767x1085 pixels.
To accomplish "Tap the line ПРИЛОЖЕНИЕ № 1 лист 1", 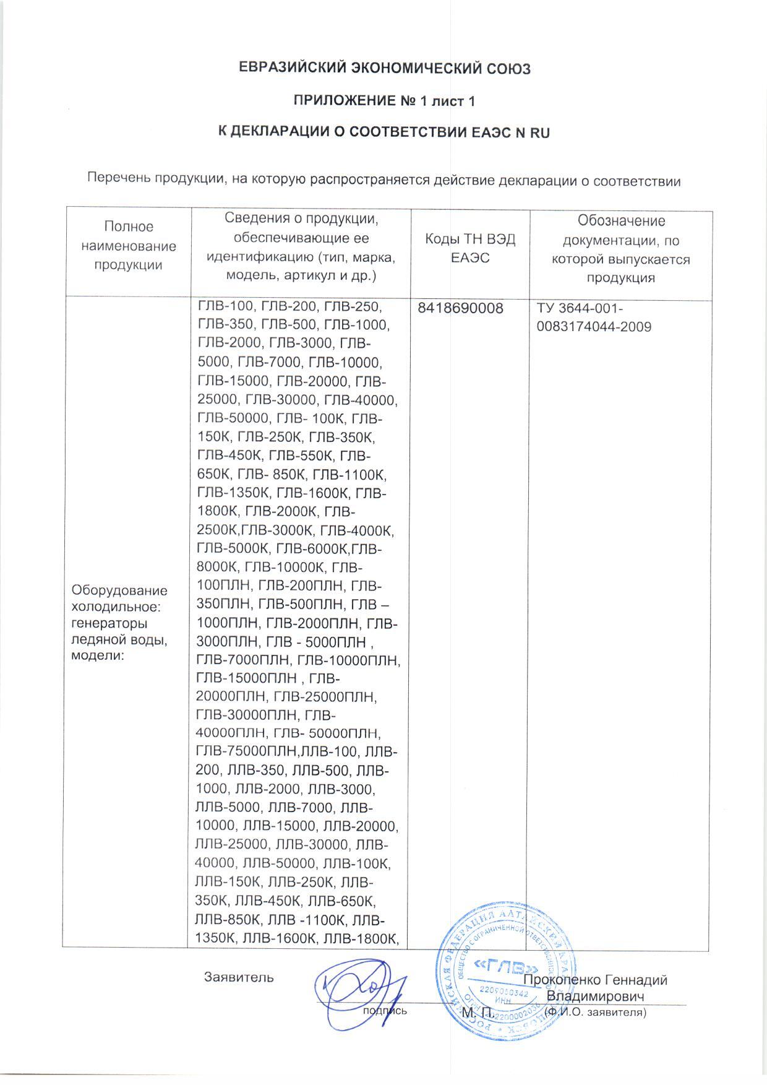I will [383, 100].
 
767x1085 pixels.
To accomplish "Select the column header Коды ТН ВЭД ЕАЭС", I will [470, 249].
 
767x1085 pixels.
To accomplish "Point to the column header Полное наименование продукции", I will [128, 246].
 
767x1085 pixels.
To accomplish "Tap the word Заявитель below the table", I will [238, 977].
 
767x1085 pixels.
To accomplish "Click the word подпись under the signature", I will [385, 1011].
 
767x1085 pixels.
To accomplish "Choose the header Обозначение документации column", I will [620, 249].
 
